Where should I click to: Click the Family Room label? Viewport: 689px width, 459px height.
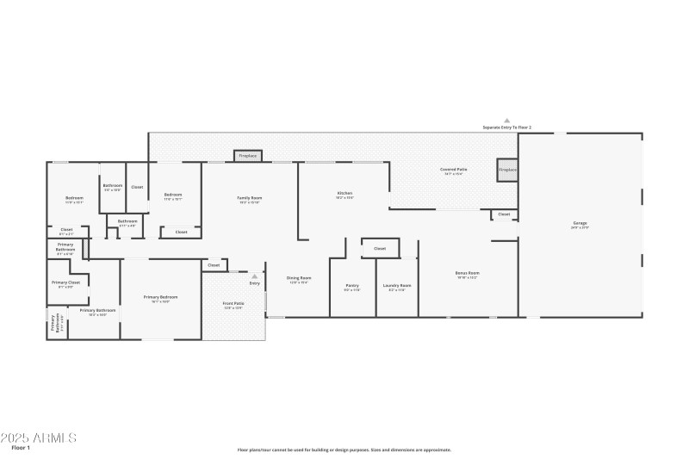[x=250, y=198]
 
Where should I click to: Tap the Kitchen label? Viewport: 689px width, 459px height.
[x=344, y=194]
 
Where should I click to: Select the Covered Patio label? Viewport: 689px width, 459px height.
[x=454, y=171]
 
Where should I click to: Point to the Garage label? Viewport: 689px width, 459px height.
[x=580, y=224]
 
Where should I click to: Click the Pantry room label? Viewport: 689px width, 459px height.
[x=352, y=286]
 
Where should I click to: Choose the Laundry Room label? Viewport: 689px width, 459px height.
[x=397, y=286]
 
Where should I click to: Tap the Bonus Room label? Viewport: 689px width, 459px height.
[x=467, y=274]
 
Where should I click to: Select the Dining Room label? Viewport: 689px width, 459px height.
[x=299, y=278]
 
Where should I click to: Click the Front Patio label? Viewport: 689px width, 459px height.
[x=233, y=304]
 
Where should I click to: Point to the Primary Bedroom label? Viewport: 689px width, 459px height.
[x=161, y=298]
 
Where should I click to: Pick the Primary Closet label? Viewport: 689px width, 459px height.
[x=65, y=282]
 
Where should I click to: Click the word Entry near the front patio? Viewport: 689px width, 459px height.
[x=255, y=282]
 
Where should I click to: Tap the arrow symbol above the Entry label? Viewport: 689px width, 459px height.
[x=255, y=276]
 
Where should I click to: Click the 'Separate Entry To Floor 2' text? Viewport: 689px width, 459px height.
[x=506, y=127]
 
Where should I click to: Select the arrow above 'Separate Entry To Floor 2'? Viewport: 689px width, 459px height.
[x=506, y=121]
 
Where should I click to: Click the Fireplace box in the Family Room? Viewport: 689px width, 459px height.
[x=248, y=156]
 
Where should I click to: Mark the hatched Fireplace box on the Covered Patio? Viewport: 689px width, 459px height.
[x=508, y=170]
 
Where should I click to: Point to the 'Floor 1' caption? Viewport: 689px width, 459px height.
[x=21, y=449]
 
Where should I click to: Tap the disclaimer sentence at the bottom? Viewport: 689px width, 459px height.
[x=344, y=450]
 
